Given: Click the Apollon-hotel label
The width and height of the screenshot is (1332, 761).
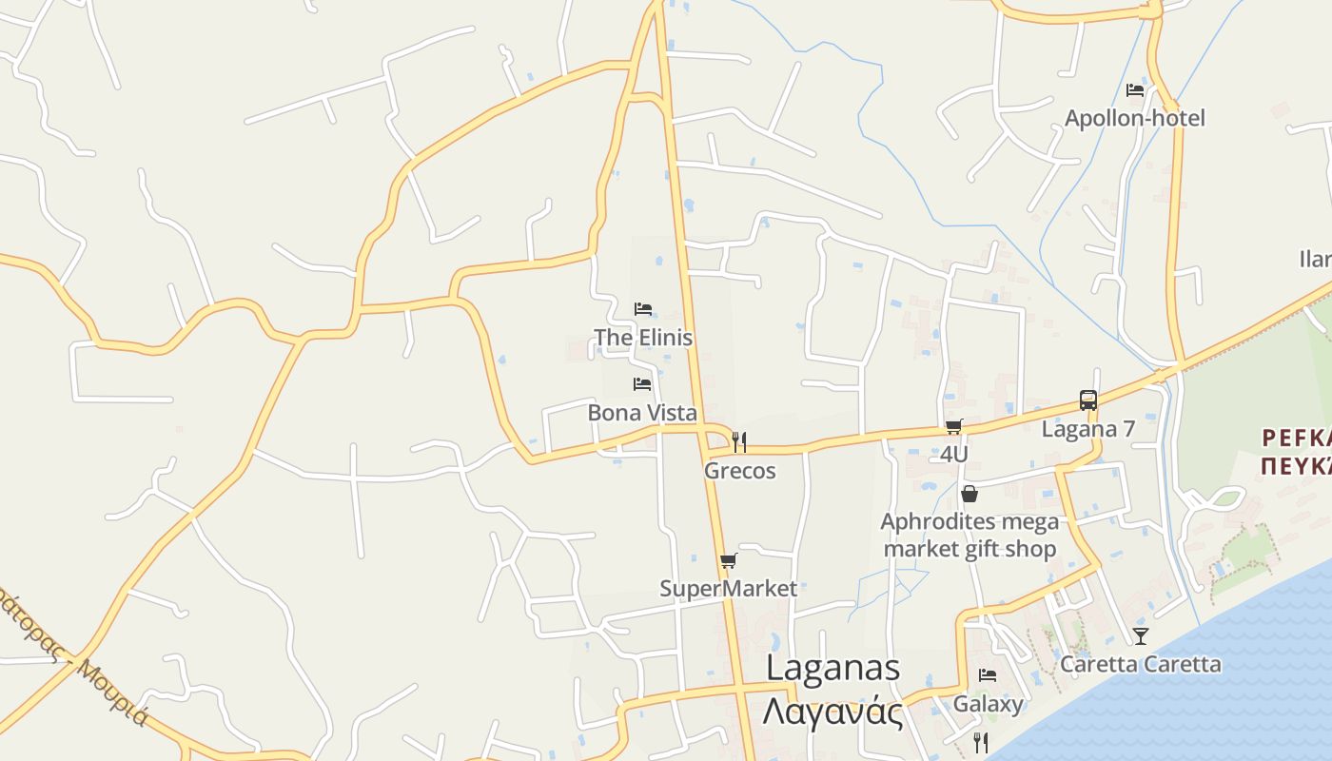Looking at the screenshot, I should [x=1134, y=118].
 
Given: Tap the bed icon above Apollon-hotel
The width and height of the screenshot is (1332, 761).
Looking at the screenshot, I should [x=1135, y=90].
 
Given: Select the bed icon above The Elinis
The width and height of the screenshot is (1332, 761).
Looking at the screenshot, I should [x=643, y=309].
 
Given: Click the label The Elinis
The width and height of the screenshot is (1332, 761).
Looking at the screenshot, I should [x=643, y=338].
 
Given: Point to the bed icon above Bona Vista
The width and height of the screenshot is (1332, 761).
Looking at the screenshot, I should [x=642, y=384].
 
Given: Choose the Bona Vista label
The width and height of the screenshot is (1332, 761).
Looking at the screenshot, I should [x=642, y=413].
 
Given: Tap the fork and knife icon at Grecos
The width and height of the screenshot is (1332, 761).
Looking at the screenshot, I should [x=739, y=441].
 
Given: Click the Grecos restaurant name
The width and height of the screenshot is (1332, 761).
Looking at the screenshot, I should [x=740, y=471].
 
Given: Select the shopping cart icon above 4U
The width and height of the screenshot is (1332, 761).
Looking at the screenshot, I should [x=953, y=426].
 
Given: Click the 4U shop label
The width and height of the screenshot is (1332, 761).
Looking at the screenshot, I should [x=953, y=455].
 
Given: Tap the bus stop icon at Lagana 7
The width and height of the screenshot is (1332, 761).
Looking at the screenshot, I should [x=1088, y=400].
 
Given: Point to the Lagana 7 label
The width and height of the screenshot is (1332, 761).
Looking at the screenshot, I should [x=1088, y=429].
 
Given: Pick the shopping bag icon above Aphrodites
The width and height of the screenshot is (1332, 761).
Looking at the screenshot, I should [x=970, y=494].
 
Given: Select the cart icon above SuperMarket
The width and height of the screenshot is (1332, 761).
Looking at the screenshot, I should [x=728, y=560].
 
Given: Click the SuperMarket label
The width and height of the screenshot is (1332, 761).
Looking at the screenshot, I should [x=728, y=589].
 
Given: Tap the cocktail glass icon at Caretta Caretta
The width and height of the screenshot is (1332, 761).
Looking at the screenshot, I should [x=1140, y=635].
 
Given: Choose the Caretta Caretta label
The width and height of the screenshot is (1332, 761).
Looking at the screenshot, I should [x=1140, y=664].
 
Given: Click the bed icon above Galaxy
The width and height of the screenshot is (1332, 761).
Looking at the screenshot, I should [x=988, y=675].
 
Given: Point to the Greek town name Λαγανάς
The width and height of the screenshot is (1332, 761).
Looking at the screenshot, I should [x=833, y=711].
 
